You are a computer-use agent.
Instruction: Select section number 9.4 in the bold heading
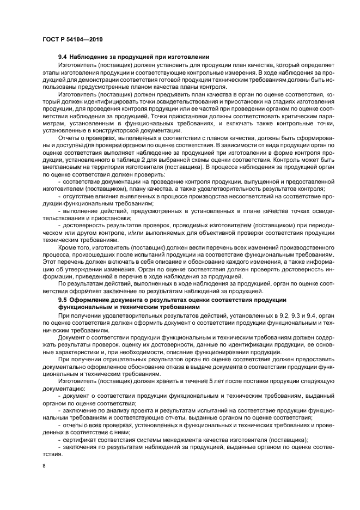[63, 57]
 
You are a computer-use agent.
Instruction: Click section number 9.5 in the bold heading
[63, 299]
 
